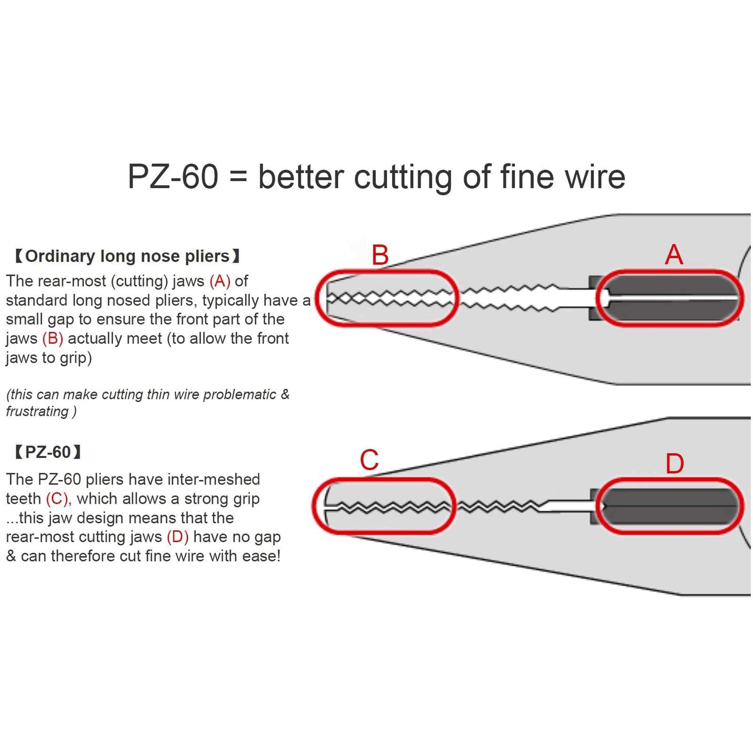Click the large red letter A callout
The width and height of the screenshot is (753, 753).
click(674, 255)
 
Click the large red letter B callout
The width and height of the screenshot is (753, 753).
click(380, 255)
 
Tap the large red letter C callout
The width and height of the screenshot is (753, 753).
click(369, 460)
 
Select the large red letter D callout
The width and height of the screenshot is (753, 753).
click(675, 464)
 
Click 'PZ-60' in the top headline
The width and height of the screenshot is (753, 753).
click(173, 177)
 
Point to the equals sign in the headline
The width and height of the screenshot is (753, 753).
click(238, 178)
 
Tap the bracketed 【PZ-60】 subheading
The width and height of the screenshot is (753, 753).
click(48, 452)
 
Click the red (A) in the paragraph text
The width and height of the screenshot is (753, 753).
click(220, 281)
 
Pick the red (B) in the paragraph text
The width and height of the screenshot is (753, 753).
click(53, 338)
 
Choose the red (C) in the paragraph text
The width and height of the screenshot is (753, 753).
click(58, 499)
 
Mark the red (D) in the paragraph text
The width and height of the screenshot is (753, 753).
click(178, 537)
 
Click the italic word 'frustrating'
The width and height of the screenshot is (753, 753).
click(37, 411)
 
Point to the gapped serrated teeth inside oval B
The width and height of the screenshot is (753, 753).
click(390, 299)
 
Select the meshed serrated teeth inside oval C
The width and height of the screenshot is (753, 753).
click(390, 507)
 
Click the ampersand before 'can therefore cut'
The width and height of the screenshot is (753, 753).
click(11, 556)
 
